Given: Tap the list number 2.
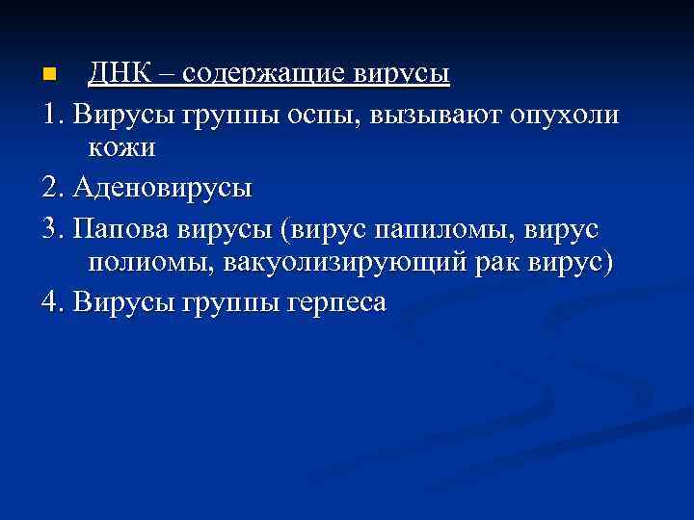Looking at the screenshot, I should click(51, 186).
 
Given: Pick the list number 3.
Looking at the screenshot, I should click(51, 228).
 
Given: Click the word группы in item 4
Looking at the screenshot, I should click(230, 302).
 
